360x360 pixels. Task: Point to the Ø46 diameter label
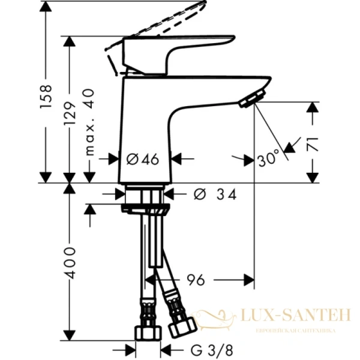[x=143, y=159]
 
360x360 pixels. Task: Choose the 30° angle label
[x=268, y=158]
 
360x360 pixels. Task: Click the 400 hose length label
[x=71, y=262]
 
